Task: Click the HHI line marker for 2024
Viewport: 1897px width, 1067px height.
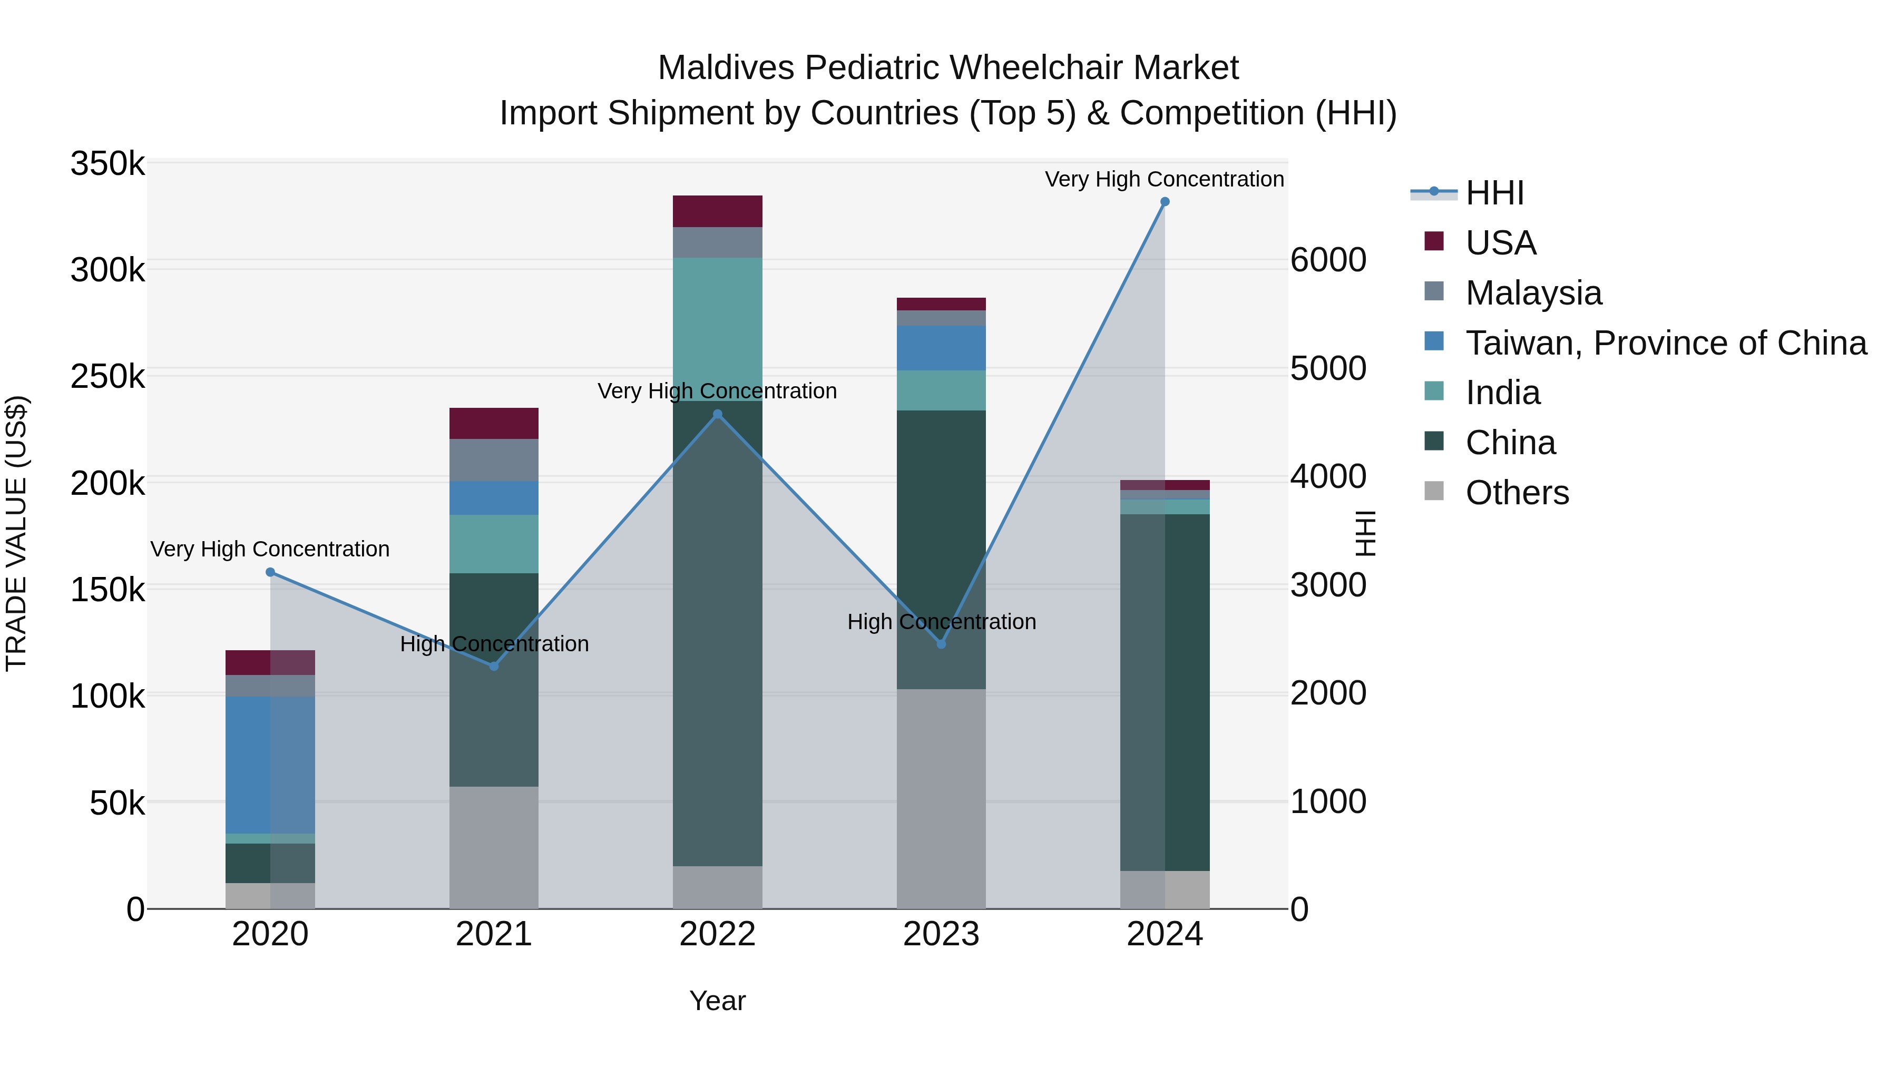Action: point(1164,202)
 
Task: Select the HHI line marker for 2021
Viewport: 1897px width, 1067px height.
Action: point(494,665)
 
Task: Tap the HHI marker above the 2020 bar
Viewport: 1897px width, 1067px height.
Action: point(270,572)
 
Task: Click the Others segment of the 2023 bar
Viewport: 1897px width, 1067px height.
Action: point(941,798)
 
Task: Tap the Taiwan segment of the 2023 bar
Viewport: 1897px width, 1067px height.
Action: point(941,348)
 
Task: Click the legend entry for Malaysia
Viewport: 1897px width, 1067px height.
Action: point(1533,293)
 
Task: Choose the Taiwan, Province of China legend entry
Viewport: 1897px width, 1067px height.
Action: point(1666,343)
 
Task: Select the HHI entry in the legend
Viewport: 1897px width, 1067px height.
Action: point(1494,193)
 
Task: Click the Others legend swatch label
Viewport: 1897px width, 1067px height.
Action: point(1517,493)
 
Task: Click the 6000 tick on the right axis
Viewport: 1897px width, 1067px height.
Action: point(1328,260)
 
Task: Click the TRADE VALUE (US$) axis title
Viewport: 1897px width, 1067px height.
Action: point(17,533)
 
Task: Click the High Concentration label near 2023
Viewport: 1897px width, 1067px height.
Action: point(941,622)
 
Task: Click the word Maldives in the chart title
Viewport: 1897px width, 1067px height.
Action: point(726,68)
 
